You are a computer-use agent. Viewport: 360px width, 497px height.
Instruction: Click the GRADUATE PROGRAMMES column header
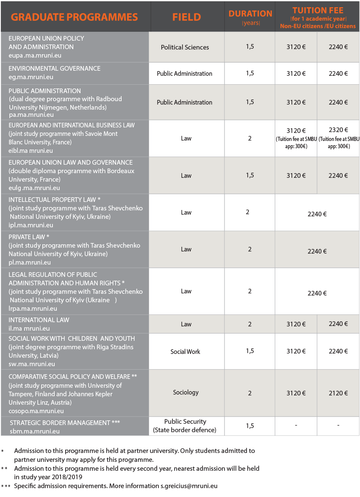tap(75, 17)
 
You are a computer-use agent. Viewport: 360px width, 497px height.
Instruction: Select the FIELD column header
tap(186, 17)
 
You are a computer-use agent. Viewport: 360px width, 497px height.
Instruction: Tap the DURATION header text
tap(250, 14)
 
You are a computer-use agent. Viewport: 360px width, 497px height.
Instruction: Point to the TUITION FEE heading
tap(317, 11)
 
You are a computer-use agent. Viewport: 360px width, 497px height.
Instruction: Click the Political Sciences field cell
tap(185, 47)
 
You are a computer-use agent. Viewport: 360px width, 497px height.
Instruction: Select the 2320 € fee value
tap(338, 130)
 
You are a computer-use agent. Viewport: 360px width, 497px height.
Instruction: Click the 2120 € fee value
tap(338, 393)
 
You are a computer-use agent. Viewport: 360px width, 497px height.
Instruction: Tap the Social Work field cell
tap(185, 352)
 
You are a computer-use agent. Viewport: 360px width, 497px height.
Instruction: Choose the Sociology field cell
tap(186, 392)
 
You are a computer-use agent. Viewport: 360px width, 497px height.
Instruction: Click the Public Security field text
tap(185, 422)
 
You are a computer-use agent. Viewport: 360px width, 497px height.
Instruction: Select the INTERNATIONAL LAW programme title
tap(39, 320)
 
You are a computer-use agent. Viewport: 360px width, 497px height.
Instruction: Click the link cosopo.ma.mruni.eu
tap(36, 411)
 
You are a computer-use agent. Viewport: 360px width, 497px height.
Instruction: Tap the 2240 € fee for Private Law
tap(317, 251)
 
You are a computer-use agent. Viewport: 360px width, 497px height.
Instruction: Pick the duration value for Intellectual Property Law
tap(248, 212)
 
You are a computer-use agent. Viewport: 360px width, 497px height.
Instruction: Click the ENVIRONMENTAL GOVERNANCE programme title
tap(54, 69)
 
